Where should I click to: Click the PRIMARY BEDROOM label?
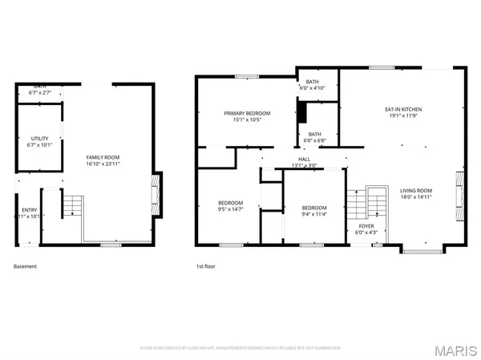247,114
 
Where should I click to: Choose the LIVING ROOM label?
416,190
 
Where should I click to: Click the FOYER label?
365,227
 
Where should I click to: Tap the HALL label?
304,160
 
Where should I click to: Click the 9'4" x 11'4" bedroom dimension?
314,213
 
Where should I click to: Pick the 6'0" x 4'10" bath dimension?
313,88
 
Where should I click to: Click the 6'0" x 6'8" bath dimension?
313,141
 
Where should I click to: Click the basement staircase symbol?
73,206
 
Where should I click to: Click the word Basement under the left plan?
25,266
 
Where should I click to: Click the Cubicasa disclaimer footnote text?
240,348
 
